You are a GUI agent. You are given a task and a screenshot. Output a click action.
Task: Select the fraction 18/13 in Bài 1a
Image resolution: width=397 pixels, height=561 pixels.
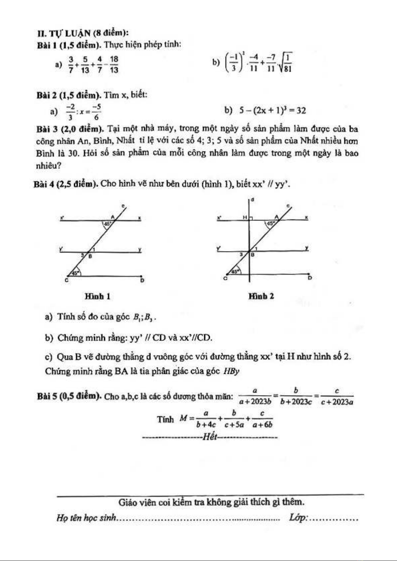tap(114, 64)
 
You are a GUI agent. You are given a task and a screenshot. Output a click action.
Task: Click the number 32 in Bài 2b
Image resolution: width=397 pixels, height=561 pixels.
tap(301, 111)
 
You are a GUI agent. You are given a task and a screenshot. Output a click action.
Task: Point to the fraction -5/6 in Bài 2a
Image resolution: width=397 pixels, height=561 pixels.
tap(96, 112)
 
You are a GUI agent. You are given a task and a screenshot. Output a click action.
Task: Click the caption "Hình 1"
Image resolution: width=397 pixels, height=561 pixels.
tap(97, 296)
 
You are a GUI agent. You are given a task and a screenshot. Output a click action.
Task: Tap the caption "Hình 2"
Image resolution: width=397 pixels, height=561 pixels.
tap(261, 296)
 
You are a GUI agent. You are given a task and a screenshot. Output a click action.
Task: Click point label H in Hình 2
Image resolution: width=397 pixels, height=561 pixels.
tap(245, 217)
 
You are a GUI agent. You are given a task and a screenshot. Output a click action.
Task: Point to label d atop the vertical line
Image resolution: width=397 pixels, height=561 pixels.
tap(252, 200)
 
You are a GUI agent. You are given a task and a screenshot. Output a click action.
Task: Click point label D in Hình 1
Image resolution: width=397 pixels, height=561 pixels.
tap(142, 281)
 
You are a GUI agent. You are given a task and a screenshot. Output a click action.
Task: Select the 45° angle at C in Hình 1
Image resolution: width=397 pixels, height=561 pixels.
tap(76, 273)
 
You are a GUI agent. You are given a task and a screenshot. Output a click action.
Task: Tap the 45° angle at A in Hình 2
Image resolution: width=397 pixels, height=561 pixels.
tap(270, 224)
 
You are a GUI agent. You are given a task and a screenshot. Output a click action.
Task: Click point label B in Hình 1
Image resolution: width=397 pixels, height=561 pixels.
tap(90, 256)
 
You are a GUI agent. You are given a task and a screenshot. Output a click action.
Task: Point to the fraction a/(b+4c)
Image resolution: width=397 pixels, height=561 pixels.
tap(206, 419)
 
